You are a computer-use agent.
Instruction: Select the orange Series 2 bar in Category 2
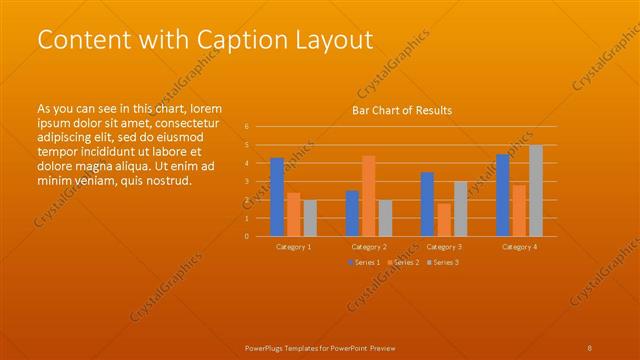pyautogui.click(x=368, y=196)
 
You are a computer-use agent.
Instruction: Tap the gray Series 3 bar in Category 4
pyautogui.click(x=536, y=190)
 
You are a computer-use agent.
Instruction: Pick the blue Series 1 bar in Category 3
pyautogui.click(x=427, y=204)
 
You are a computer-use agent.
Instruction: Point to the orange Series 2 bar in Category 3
pyautogui.click(x=443, y=220)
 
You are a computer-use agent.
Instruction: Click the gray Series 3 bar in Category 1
pyautogui.click(x=309, y=218)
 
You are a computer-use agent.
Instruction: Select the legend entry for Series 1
pyautogui.click(x=363, y=262)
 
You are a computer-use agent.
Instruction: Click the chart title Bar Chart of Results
pyautogui.click(x=402, y=110)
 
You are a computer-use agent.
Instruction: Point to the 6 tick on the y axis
pyautogui.click(x=247, y=127)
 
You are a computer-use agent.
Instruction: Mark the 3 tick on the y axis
pyautogui.click(x=247, y=182)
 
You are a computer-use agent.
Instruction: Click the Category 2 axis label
pyautogui.click(x=369, y=246)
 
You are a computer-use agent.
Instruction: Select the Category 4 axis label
pyautogui.click(x=519, y=246)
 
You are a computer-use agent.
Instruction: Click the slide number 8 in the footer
pyautogui.click(x=590, y=348)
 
